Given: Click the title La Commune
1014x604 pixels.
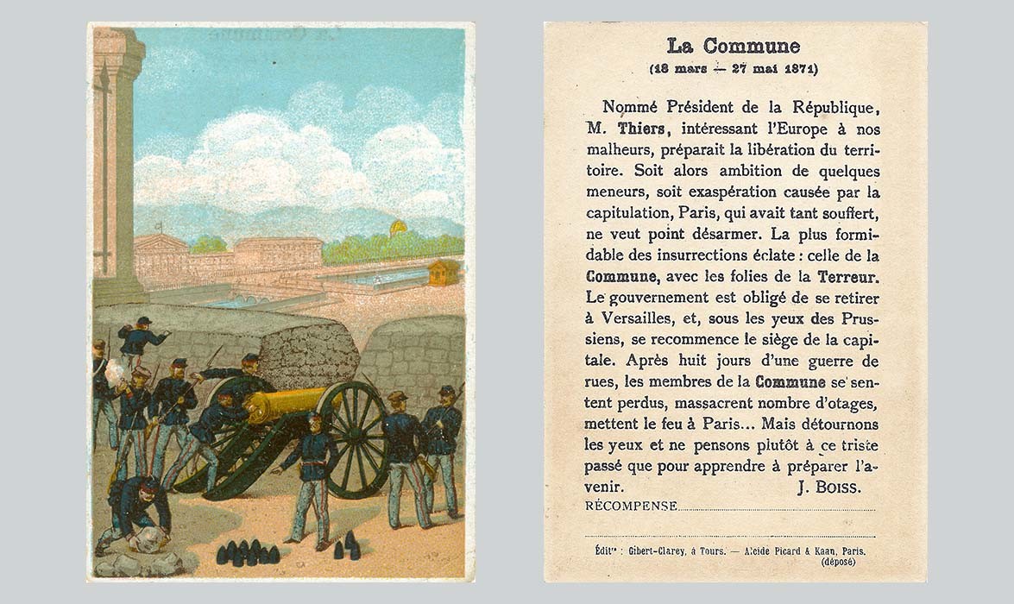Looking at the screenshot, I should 733,47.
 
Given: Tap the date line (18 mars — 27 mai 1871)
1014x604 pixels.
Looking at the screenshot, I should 733,69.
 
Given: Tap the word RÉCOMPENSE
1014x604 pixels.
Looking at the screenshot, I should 631,506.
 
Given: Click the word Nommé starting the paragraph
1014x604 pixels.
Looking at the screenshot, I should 633,107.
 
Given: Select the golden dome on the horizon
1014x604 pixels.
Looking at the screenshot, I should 399,229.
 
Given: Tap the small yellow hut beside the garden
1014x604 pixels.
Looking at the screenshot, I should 444,273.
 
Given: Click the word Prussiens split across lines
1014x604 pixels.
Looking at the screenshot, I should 859,319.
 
